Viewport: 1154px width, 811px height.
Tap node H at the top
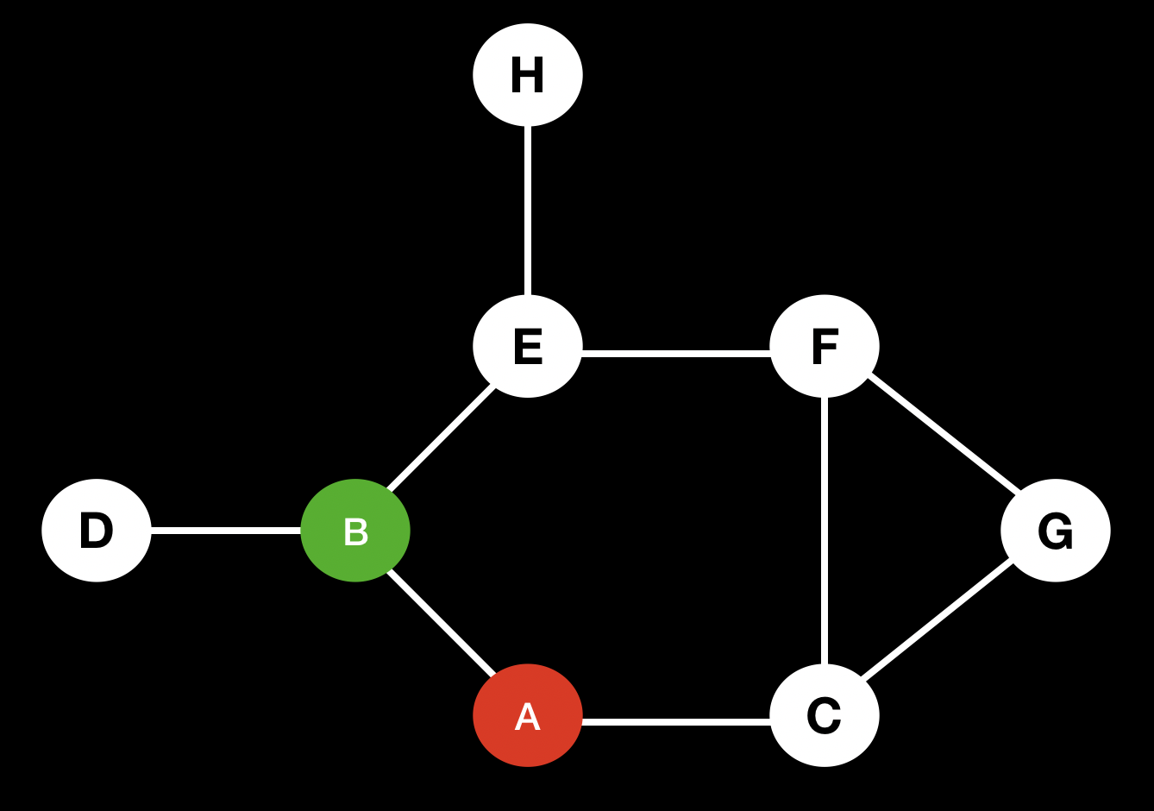(x=528, y=75)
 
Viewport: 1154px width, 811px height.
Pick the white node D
(x=97, y=531)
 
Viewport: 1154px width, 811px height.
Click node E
(x=528, y=346)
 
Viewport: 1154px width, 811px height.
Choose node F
(x=825, y=346)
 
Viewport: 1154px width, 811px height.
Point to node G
(x=1056, y=531)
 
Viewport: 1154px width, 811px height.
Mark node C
(x=825, y=715)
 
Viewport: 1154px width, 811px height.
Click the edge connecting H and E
(x=528, y=211)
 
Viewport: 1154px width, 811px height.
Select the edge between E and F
(x=676, y=353)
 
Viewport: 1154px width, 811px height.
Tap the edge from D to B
(x=226, y=531)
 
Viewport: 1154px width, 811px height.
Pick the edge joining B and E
(x=441, y=439)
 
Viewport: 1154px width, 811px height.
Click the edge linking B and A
(x=441, y=621)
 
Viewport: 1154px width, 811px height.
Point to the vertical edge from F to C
(x=825, y=531)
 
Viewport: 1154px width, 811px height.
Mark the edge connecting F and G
(x=944, y=433)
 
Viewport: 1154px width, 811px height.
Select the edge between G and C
(x=938, y=619)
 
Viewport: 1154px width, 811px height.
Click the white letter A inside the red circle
(x=528, y=718)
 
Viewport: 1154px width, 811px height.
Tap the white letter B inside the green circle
(x=355, y=533)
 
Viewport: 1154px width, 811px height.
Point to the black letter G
(x=1056, y=532)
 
